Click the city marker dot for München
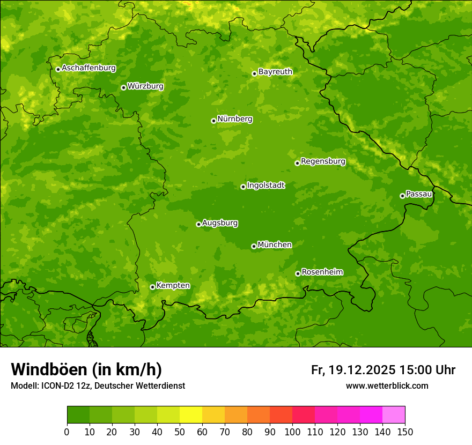254,246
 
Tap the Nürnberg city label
235,119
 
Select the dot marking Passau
402,196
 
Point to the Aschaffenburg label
88,68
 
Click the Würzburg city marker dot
123,87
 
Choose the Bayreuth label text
275,71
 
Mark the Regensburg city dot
297,163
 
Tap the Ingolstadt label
265,186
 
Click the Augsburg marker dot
198,224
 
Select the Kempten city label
173,285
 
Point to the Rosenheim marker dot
298,273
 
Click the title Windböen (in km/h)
86,369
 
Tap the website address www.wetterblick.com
387,385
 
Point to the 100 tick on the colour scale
292,432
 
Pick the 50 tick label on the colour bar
180,432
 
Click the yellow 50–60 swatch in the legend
191,415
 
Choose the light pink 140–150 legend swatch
394,415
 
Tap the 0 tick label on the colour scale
67,432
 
